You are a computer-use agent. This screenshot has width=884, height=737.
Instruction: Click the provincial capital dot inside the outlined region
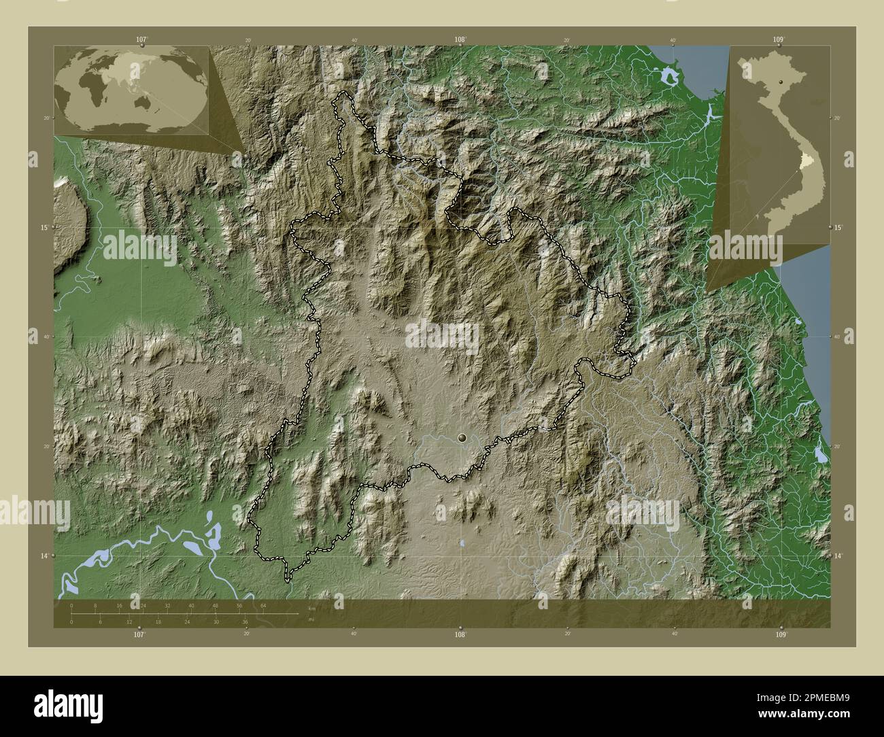pos(463,439)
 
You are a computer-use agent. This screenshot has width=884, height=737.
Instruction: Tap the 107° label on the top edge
pos(141,40)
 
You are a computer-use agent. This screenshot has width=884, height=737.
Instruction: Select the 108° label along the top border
pos(460,40)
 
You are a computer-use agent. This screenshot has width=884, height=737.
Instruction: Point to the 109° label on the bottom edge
pos(781,633)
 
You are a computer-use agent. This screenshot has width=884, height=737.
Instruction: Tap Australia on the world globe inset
pos(144,101)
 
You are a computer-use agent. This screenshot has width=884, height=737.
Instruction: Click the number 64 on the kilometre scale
pos(263,605)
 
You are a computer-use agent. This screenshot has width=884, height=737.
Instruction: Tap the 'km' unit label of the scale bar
pos(311,607)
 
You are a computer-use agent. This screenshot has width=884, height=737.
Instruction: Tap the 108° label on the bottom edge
pos(460,633)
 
